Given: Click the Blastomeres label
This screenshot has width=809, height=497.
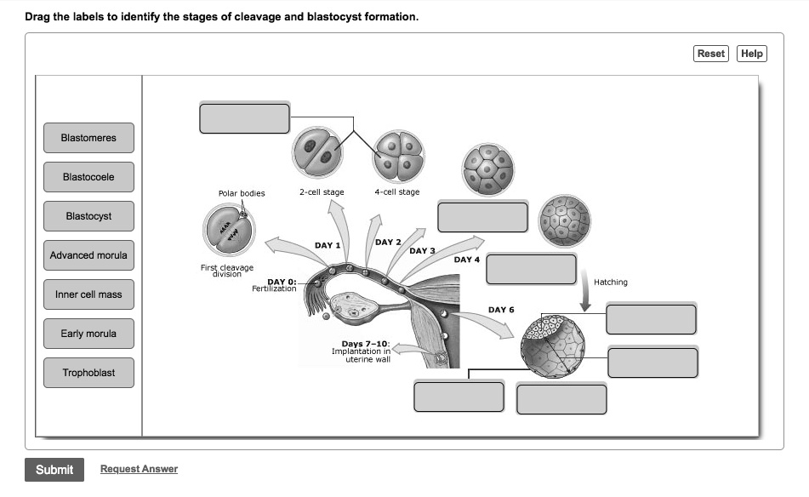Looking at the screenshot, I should coord(88,138).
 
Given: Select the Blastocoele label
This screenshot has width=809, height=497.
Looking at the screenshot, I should coord(88,177).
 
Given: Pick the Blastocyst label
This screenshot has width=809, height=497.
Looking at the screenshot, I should coord(88,216).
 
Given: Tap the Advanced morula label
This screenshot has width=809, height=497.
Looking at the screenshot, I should coord(88,255).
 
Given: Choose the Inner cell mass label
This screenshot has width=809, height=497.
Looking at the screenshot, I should coord(88,294).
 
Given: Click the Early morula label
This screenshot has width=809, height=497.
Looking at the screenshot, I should coord(88,334).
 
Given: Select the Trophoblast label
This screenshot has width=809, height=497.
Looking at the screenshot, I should coord(88,373).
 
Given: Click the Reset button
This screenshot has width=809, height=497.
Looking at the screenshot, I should coord(710,54).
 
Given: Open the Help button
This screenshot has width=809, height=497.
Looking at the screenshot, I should coord(751,54).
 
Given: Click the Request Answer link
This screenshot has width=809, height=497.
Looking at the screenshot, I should coord(139,469).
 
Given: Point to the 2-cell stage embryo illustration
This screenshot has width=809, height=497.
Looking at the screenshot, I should coord(317,154).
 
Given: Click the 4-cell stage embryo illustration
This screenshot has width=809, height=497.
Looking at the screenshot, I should coord(398,156).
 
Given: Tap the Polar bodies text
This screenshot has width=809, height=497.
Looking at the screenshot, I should coord(242,193).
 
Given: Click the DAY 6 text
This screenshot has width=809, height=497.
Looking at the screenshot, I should coord(501,310).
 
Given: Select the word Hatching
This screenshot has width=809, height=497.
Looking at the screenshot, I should coord(610,283).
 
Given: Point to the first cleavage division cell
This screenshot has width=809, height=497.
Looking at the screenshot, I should coord(228,230).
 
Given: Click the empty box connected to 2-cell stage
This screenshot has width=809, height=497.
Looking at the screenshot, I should coord(245,118).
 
